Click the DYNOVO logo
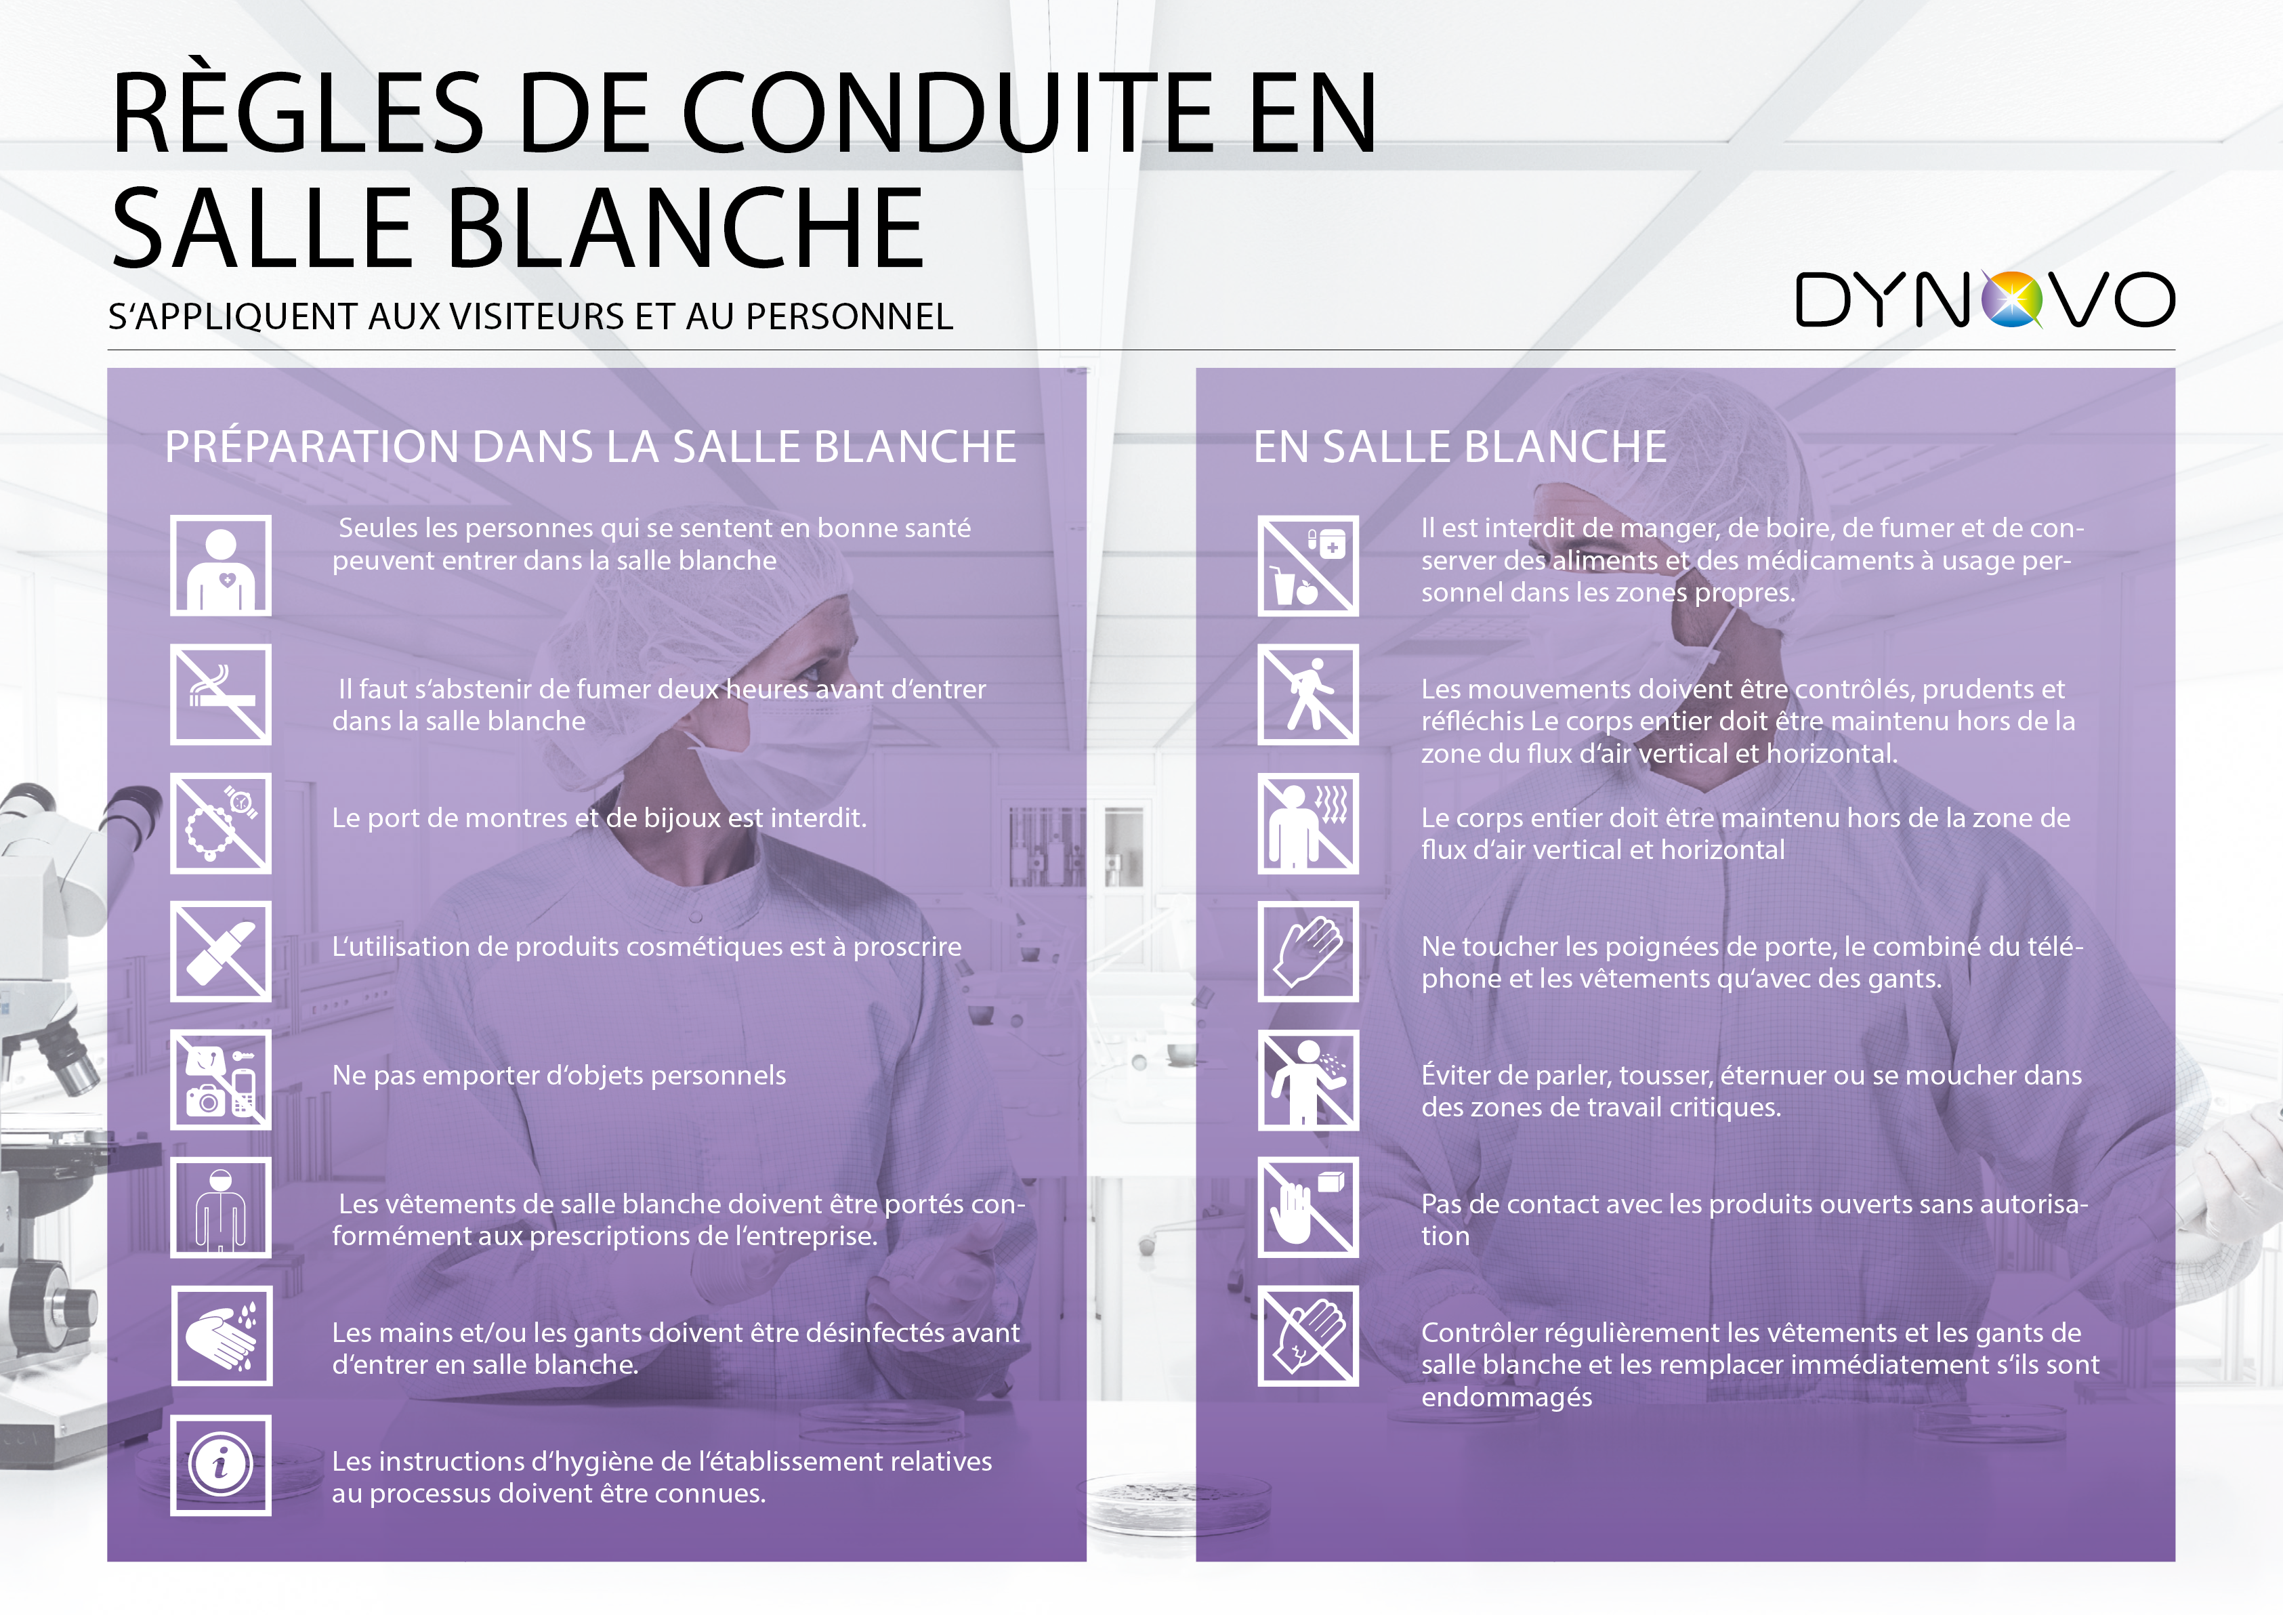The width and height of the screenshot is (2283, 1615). click(x=1985, y=299)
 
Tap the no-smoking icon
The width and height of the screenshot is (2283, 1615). click(x=221, y=694)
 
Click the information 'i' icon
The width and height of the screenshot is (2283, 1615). click(x=221, y=1465)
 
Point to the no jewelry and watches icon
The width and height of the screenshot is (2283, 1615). click(x=221, y=823)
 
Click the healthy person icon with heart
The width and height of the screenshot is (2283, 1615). click(x=221, y=566)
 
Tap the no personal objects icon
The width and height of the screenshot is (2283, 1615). click(x=221, y=1080)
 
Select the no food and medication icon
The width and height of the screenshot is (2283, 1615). click(x=1309, y=566)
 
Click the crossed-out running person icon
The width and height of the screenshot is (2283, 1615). click(x=1309, y=694)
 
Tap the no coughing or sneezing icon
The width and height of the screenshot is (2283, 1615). click(x=1309, y=1080)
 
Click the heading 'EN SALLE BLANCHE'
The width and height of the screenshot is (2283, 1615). click(x=1460, y=446)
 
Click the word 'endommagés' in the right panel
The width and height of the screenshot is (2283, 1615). click(x=1507, y=1398)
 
